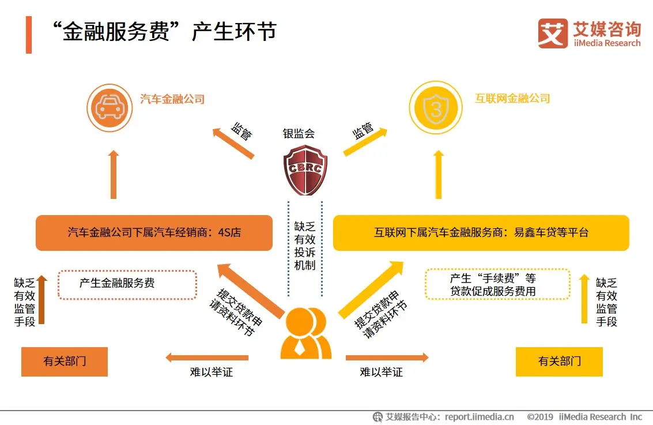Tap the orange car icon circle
pyautogui.click(x=110, y=107)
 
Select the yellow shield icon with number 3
pyautogui.click(x=436, y=107)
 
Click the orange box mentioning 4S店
pyautogui.click(x=154, y=233)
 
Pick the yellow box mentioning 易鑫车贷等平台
pyautogui.click(x=481, y=233)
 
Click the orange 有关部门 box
pyautogui.click(x=65, y=362)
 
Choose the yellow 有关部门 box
pyautogui.click(x=559, y=362)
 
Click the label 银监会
pyautogui.click(x=299, y=134)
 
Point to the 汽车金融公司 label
pyautogui.click(x=172, y=99)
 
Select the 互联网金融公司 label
pyautogui.click(x=512, y=99)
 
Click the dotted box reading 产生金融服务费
pyautogui.click(x=127, y=284)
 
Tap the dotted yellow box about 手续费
pyautogui.click(x=497, y=284)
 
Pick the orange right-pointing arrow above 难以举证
pyautogui.click(x=387, y=358)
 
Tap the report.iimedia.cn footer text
pyautogui.click(x=480, y=416)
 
